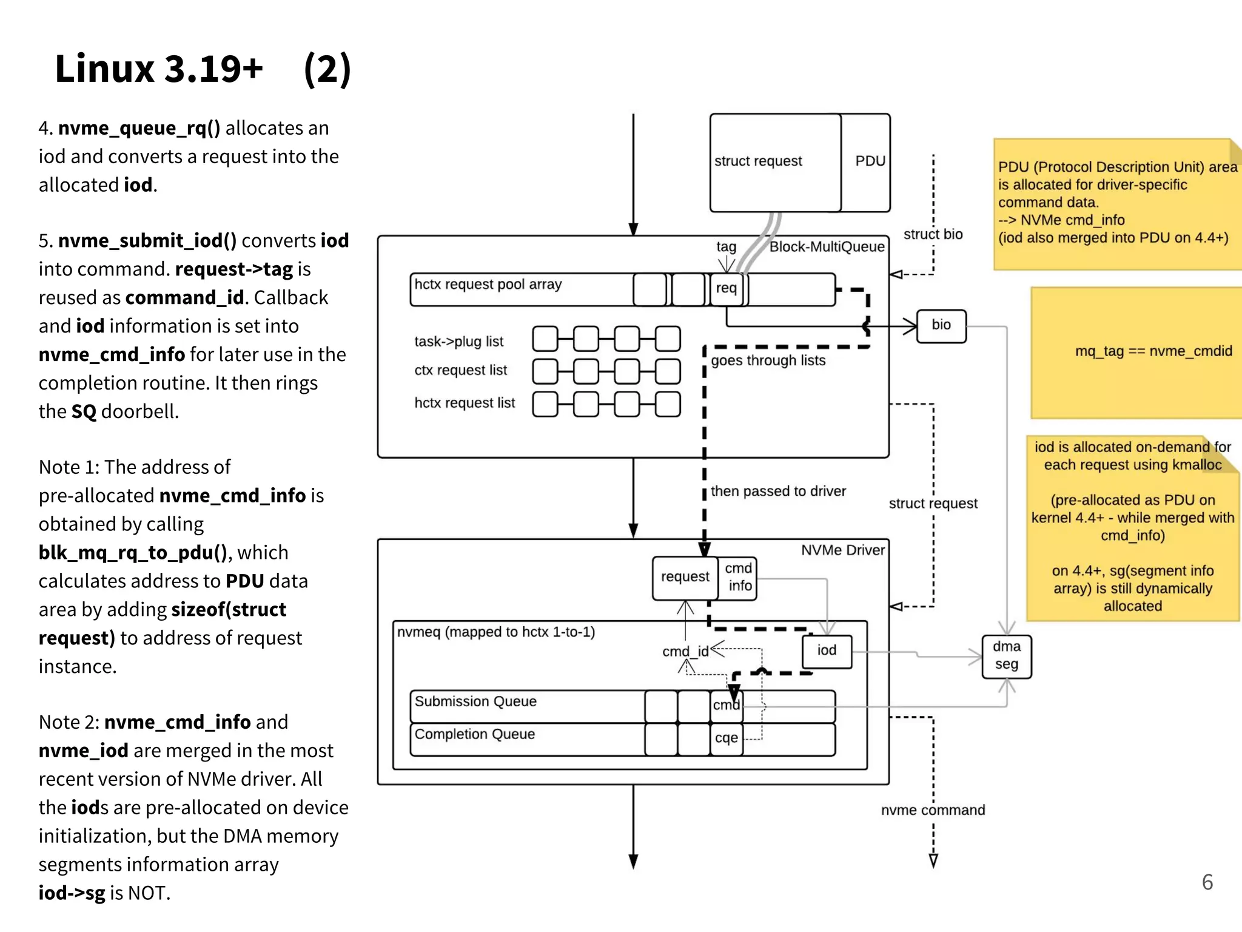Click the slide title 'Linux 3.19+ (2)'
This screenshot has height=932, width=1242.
pos(203,69)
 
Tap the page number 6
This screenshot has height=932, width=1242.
pos(1207,882)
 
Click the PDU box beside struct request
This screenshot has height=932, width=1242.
pos(868,161)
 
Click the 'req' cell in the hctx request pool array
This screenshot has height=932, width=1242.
pos(726,288)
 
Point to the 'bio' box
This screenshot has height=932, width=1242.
pos(941,325)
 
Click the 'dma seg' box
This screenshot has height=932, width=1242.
pos(1006,656)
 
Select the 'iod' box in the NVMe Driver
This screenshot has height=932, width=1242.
pos(827,651)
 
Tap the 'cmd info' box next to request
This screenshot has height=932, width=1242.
pos(739,578)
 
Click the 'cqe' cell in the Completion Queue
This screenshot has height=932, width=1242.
pos(726,738)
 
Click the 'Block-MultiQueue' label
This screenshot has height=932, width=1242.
pos(826,247)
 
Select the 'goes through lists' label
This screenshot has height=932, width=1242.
pos(768,360)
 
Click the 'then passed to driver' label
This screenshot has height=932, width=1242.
pos(777,491)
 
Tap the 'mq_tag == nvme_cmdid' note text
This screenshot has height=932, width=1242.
pos(1153,351)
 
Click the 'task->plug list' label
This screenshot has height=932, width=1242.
pos(458,342)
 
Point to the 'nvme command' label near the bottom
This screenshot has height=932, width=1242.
pos(932,810)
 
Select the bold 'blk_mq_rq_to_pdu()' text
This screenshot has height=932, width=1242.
pos(133,553)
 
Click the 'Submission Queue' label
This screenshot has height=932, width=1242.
pos(475,701)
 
